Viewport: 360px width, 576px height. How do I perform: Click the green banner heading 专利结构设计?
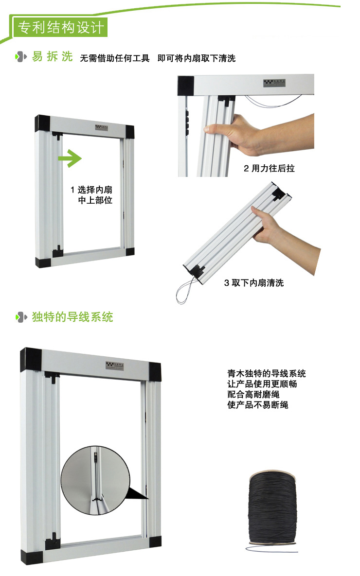[60, 27]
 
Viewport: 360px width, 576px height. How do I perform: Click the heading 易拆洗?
[52, 57]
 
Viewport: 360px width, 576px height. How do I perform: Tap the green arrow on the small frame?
[70, 157]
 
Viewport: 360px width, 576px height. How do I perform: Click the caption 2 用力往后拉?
[269, 169]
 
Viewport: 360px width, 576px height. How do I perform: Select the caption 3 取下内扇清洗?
[253, 282]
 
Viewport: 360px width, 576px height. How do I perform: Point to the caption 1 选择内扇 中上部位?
[91, 195]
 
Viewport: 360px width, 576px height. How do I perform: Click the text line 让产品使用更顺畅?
[262, 384]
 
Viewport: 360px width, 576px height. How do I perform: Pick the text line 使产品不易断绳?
[257, 404]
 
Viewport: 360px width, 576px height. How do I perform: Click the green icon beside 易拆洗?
[21, 57]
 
